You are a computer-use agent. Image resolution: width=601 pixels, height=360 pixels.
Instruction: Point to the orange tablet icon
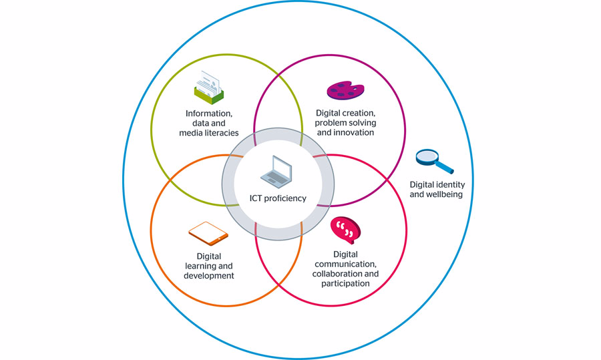(x=208, y=233)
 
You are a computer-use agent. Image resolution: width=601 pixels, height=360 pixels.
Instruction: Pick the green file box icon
(x=208, y=89)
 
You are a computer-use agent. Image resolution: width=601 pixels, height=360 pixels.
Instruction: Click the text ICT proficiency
(x=278, y=198)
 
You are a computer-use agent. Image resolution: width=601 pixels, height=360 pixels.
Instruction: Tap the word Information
(x=208, y=113)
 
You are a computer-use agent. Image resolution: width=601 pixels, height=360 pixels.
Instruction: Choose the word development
(x=208, y=275)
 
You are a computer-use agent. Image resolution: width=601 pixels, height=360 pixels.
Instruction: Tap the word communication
(x=345, y=264)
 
